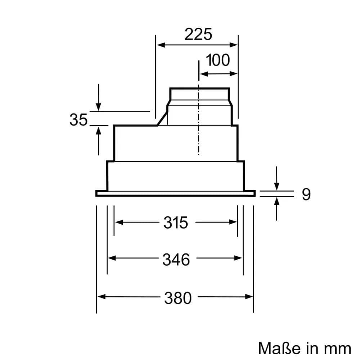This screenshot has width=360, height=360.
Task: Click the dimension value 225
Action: click(x=198, y=35)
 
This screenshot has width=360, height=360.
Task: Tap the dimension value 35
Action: click(x=78, y=120)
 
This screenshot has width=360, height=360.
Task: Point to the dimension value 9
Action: click(x=306, y=194)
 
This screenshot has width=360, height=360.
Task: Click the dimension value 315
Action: click(x=176, y=223)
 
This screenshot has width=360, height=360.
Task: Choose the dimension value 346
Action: click(x=176, y=259)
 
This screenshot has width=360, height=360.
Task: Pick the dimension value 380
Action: click(x=178, y=298)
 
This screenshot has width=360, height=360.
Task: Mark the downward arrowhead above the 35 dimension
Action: click(x=98, y=107)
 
